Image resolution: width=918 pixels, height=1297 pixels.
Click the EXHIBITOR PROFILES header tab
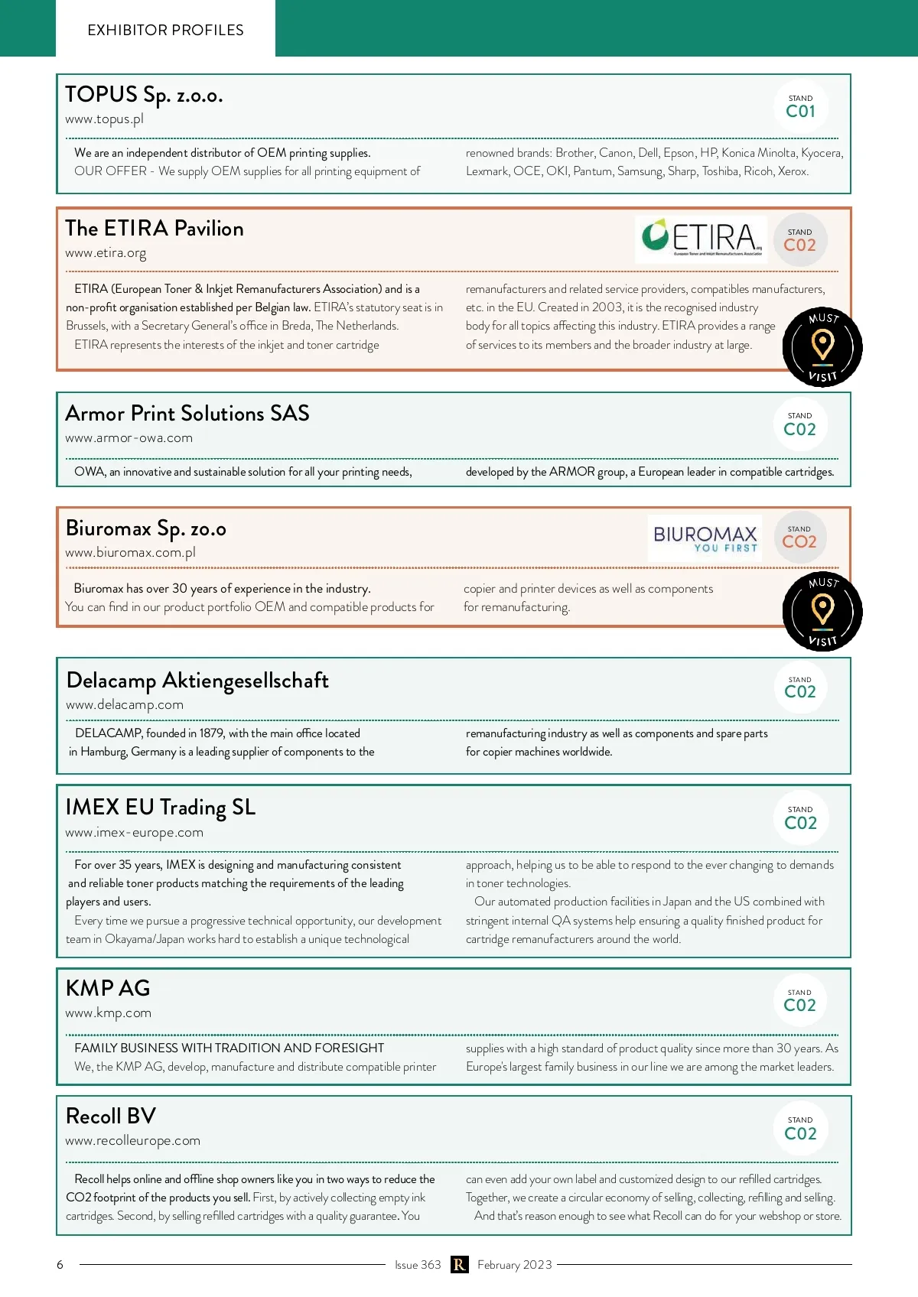point(165,30)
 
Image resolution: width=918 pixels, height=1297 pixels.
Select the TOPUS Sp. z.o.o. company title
point(144,95)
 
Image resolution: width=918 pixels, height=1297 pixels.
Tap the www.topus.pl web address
point(104,119)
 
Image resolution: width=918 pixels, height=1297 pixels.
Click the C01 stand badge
point(800,106)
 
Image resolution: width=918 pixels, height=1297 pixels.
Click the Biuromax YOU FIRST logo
point(705,538)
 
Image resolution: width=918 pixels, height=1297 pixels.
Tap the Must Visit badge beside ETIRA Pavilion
point(822,347)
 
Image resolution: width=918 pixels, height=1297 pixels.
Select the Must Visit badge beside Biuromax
point(822,611)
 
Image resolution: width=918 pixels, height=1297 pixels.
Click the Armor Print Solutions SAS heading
point(187,414)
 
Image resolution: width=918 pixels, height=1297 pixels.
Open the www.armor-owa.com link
point(129,438)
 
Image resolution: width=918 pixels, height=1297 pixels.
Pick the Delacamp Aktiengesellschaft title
point(197,681)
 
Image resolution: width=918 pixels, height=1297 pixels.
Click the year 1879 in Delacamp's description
point(211,733)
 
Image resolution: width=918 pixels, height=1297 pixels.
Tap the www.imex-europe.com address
point(134,833)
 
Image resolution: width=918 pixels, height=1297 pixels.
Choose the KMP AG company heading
point(108,988)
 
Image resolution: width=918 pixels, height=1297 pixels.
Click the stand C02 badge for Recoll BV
point(800,1129)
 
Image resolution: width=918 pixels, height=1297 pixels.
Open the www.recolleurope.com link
point(132,1141)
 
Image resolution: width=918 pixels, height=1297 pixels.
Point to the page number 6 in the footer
point(60,1265)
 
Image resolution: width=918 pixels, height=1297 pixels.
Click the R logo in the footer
point(459,1265)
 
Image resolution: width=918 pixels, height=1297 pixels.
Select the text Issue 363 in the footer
point(418,1265)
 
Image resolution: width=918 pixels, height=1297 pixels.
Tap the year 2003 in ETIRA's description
point(607,307)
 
